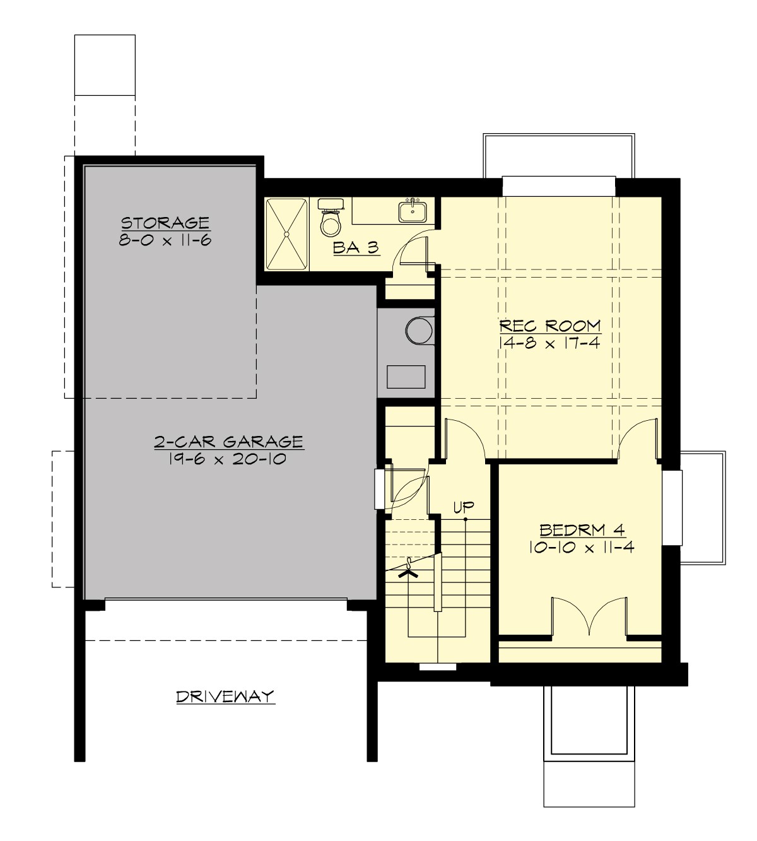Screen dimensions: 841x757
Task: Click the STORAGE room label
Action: click(165, 223)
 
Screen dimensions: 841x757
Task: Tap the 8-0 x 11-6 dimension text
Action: click(165, 240)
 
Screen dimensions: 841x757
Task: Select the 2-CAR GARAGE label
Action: click(229, 442)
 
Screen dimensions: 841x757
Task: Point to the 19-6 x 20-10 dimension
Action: click(229, 459)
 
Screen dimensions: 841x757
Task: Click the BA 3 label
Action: click(356, 248)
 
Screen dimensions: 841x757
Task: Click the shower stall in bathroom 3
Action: click(287, 234)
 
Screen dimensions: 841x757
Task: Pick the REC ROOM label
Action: click(550, 326)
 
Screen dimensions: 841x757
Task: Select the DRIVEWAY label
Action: click(225, 697)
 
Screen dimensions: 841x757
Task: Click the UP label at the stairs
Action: click(464, 507)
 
